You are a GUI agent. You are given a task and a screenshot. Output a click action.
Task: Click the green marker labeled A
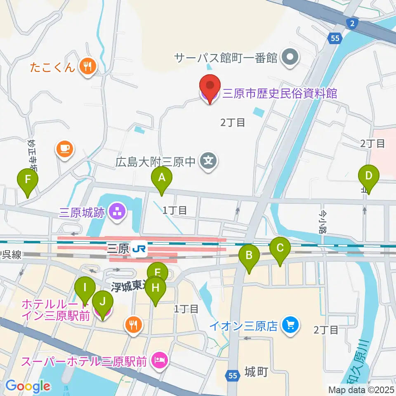click(162, 178)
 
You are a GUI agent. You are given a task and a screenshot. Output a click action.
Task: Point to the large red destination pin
click(210, 87)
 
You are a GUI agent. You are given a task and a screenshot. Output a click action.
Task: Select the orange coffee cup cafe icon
click(64, 148)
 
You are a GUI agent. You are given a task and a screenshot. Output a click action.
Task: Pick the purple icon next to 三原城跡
click(118, 212)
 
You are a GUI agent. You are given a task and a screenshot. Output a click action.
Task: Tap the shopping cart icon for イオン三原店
click(290, 325)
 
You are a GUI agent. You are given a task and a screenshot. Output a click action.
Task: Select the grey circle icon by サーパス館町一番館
click(290, 57)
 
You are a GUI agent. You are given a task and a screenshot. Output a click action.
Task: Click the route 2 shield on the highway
click(351, 24)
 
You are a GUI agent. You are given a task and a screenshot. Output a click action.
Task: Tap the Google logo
click(28, 386)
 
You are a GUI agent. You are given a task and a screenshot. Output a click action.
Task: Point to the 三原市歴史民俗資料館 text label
click(280, 93)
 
